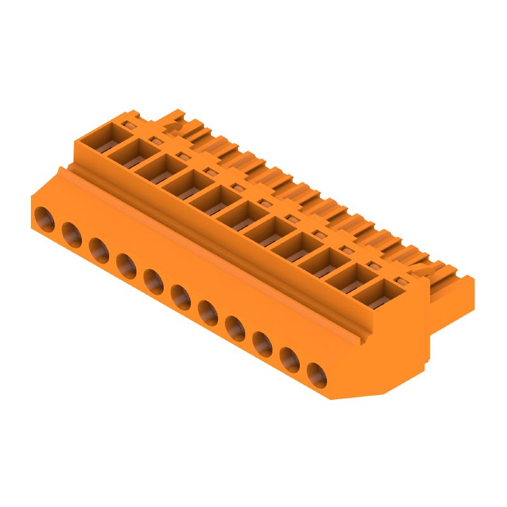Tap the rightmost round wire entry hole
pyautogui.click(x=317, y=375)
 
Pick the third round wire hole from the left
pyautogui.click(x=99, y=250)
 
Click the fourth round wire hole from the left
pyautogui.click(x=126, y=266)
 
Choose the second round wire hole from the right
pyautogui.click(x=290, y=360)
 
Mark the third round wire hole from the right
pyautogui.click(x=262, y=344)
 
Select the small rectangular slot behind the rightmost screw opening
pyautogui.click(x=399, y=280)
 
